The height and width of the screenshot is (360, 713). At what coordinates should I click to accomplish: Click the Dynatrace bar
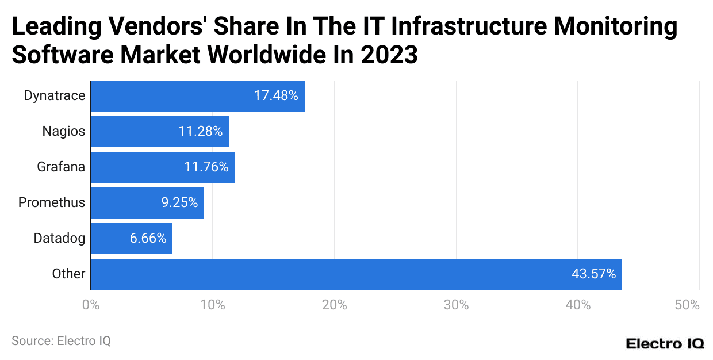(198, 96)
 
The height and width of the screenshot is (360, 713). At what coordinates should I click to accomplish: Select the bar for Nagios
(160, 132)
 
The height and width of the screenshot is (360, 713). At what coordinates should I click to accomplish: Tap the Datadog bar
(132, 239)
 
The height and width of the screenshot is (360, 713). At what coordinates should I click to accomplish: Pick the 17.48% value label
(276, 96)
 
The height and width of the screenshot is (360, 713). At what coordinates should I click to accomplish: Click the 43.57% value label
(593, 274)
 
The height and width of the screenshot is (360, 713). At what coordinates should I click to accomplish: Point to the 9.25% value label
(179, 203)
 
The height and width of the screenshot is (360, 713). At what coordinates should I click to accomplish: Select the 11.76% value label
(206, 167)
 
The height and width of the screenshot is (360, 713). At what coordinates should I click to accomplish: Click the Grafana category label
(61, 167)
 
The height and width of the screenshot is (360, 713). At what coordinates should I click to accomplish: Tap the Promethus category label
(52, 203)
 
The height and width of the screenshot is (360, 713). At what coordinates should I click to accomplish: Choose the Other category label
(68, 274)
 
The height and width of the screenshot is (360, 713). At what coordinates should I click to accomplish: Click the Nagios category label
(63, 132)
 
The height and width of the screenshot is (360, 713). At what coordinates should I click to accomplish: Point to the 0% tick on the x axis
(91, 305)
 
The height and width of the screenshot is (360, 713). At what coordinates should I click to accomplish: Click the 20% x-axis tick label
(334, 305)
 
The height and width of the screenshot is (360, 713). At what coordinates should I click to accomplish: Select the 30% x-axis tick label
(456, 305)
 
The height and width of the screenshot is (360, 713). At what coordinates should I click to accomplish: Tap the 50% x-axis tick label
(687, 305)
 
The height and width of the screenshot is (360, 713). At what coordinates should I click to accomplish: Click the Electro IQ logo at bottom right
(665, 343)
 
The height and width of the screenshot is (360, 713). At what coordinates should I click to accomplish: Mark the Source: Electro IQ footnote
(61, 340)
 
